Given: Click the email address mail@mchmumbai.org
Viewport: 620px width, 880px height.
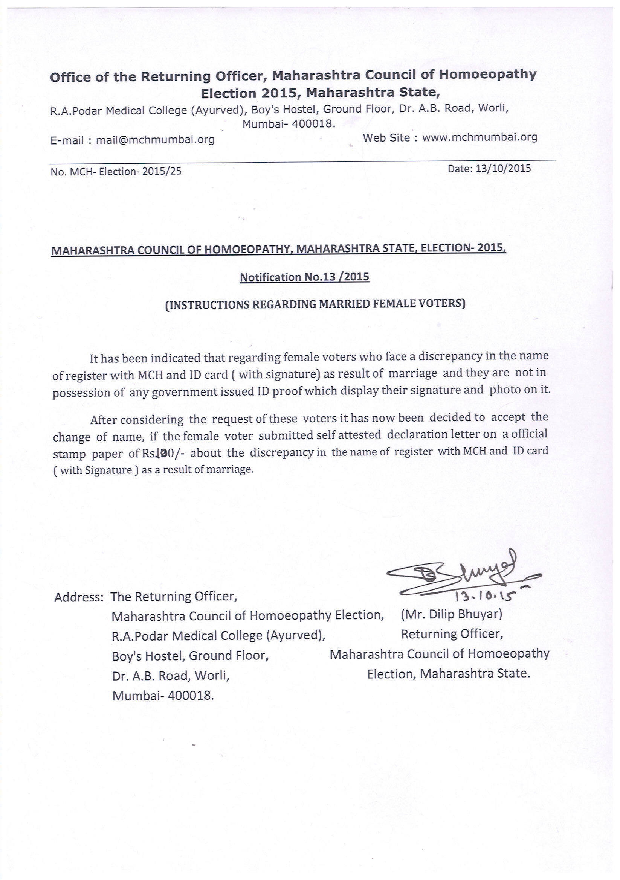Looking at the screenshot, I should [x=155, y=140].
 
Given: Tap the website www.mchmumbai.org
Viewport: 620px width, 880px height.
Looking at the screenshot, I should [x=480, y=137].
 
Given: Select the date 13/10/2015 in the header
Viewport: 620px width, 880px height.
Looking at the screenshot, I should [x=503, y=168].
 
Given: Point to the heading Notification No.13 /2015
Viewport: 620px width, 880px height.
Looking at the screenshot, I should [x=304, y=277].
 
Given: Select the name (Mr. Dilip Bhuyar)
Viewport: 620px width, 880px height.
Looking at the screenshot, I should [x=451, y=614].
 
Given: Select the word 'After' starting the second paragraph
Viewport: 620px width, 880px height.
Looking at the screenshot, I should [x=104, y=420].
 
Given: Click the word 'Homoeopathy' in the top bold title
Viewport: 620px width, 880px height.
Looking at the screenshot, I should [x=487, y=74].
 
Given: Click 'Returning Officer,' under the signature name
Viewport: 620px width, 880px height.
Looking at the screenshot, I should [x=452, y=634].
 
